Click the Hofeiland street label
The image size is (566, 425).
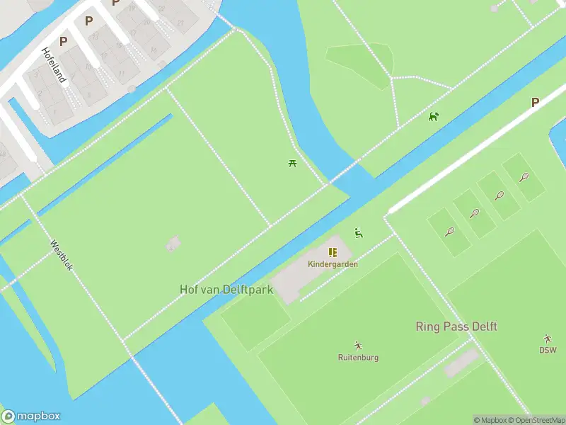coord(53,65)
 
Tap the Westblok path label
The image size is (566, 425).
coord(62,255)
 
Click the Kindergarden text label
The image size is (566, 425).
coord(333,264)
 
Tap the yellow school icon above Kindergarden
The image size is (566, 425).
coord(333,252)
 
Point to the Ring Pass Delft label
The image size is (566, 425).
coord(456,327)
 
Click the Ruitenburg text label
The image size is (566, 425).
coord(358,358)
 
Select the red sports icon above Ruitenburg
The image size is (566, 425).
coord(358,346)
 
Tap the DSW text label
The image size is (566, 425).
coord(548,350)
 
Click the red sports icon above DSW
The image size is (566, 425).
coord(548,339)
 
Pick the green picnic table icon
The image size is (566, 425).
coord(292,164)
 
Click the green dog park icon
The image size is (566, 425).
coord(434,116)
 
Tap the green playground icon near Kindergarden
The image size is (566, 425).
coord(358,233)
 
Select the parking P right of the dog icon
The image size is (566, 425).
coord(535,102)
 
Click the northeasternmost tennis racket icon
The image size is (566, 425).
coord(524,177)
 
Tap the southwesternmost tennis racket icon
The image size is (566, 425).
coord(450,231)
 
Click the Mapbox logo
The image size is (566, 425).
coord(31,416)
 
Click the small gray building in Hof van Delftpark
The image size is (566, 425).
coord(173,244)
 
